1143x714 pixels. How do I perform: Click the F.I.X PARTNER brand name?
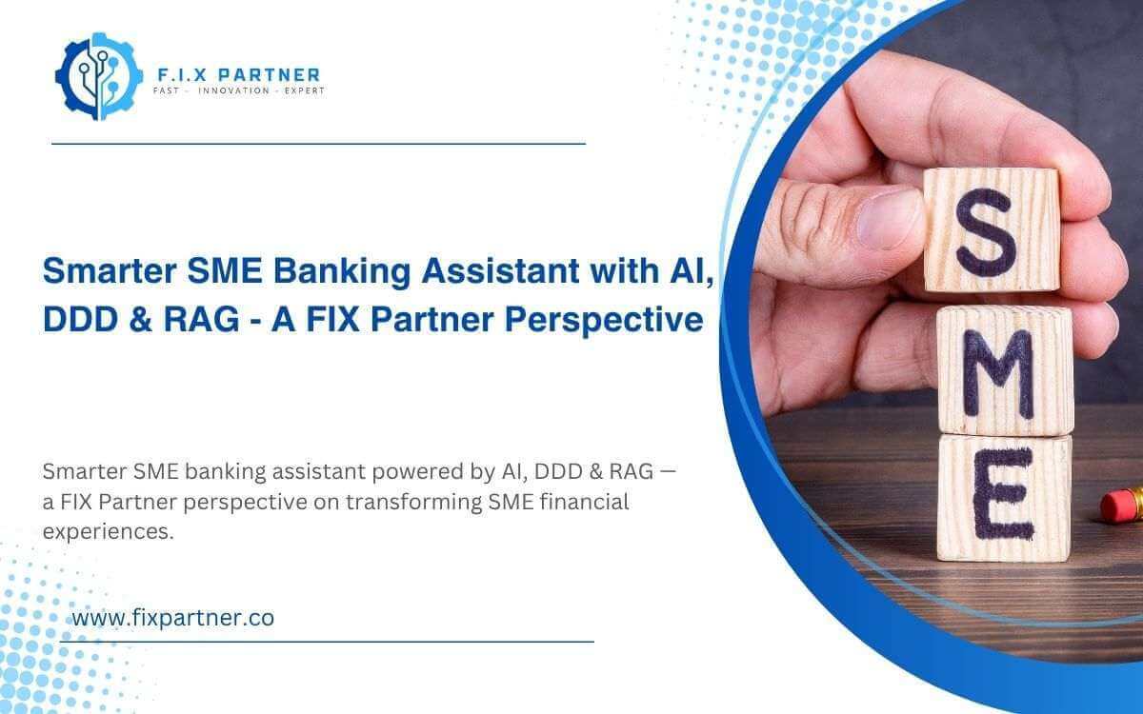[238, 74]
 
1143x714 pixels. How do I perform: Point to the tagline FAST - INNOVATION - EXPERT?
[238, 91]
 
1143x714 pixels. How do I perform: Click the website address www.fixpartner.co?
[173, 618]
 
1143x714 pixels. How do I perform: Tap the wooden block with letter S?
[991, 229]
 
